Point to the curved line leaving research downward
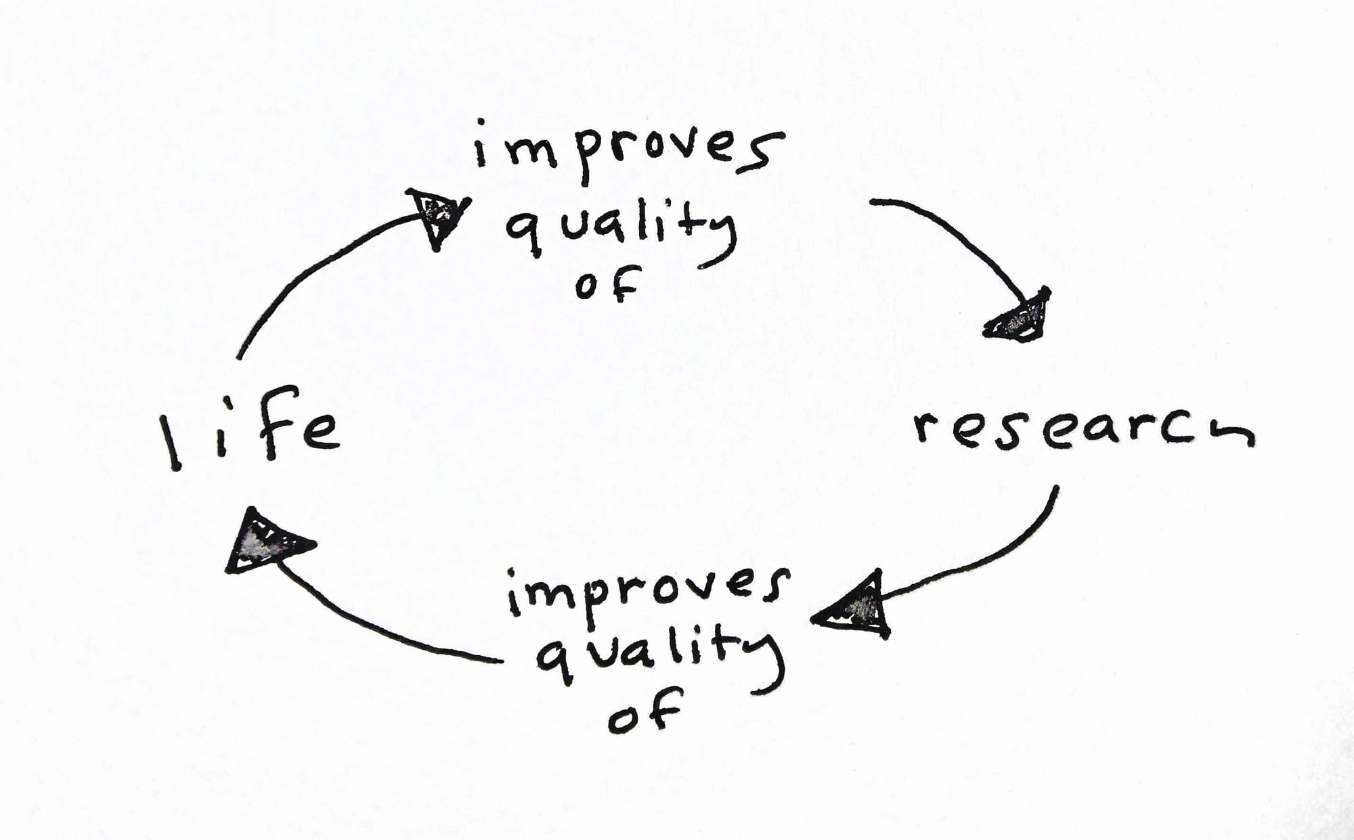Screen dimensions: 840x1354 click(1002, 555)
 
